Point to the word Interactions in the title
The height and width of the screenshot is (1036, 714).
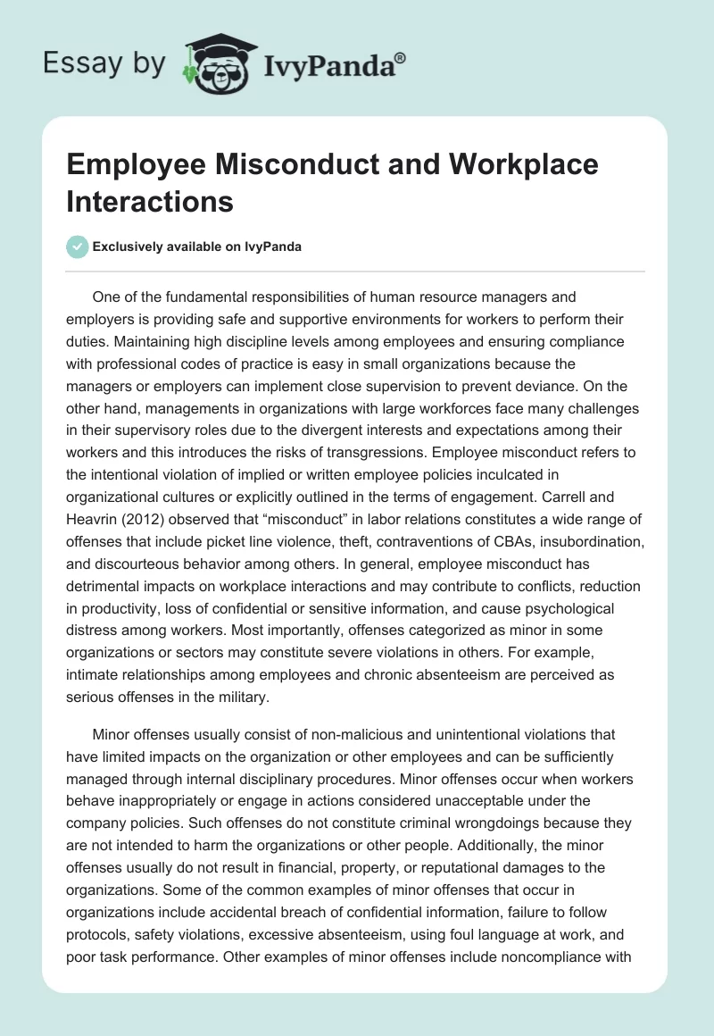pos(150,201)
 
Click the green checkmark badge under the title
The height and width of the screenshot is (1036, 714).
pos(77,246)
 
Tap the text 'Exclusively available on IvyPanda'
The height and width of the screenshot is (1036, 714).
pos(197,246)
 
